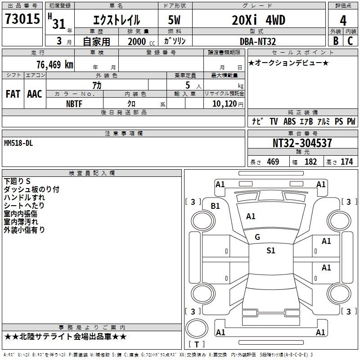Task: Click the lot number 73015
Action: click(22, 19)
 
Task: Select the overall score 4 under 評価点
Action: click(343, 21)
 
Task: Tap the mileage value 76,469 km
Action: click(55, 65)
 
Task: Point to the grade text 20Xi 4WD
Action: click(258, 20)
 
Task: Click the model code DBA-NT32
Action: click(258, 41)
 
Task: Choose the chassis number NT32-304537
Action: click(302, 143)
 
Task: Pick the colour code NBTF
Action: click(74, 104)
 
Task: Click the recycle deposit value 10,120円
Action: click(228, 104)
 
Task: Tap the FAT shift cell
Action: click(13, 94)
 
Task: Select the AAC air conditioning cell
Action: click(35, 94)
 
